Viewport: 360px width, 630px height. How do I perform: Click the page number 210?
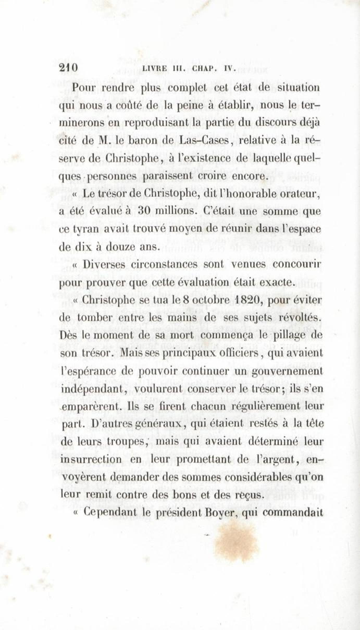[69, 68]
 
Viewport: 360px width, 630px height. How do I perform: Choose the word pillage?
[287, 336]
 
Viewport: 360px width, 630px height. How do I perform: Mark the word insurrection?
[91, 459]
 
